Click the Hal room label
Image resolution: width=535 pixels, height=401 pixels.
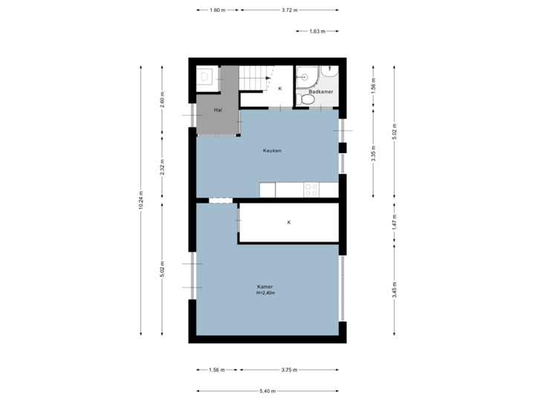coord(217,110)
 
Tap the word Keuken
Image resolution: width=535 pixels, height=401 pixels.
coord(272,151)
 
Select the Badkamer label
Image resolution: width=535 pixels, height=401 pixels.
coord(320,92)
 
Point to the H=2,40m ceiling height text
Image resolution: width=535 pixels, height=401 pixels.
coord(265,293)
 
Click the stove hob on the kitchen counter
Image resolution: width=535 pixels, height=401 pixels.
coord(311,189)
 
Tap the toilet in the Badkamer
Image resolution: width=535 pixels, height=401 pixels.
coord(305,98)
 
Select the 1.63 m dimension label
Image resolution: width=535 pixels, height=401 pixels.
coord(317,31)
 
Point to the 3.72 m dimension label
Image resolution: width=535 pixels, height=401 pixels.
coord(289,10)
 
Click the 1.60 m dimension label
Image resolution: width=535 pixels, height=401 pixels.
coord(217,10)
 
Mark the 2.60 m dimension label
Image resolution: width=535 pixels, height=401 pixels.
coord(163,99)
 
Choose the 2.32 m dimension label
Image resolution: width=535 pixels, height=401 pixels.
coord(163,166)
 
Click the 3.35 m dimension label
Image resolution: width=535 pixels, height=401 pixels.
coord(373,153)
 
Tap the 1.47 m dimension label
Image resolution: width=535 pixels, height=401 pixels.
coord(395,221)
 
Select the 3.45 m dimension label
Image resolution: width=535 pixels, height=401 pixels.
coord(395,288)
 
